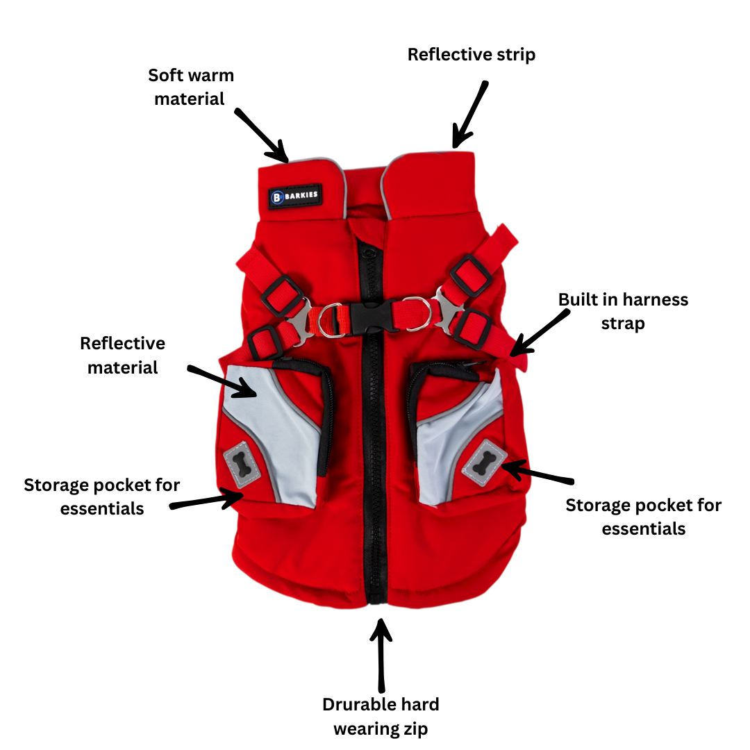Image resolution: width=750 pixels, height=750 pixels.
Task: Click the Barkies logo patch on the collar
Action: (x=294, y=196)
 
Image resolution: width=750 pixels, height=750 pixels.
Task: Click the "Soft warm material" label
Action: (x=190, y=87)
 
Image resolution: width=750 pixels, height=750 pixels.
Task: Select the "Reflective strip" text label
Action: (x=471, y=54)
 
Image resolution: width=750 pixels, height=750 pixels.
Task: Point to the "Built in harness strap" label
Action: (x=623, y=311)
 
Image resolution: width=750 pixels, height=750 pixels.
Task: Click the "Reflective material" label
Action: (x=122, y=355)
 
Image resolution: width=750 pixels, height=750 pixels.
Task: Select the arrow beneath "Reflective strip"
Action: (x=470, y=115)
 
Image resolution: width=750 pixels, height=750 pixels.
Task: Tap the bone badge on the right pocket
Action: (x=484, y=461)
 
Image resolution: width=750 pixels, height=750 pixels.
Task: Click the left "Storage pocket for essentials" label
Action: (x=101, y=496)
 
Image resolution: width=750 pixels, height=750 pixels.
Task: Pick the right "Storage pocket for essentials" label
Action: (x=643, y=517)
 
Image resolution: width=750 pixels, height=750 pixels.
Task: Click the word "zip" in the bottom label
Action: (x=414, y=728)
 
